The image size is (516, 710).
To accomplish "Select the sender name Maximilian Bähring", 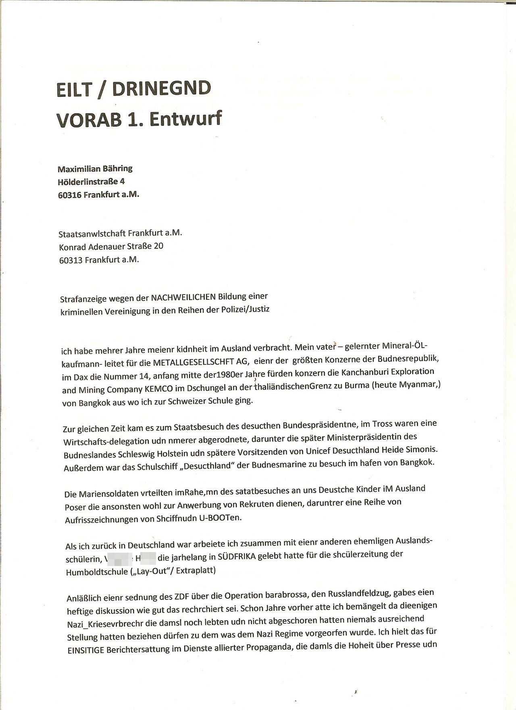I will click(x=95, y=169).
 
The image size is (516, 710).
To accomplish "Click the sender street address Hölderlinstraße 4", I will click(x=91, y=182).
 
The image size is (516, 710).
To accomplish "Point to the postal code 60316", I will click(x=70, y=195).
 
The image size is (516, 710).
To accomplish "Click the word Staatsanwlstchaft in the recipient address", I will click(x=92, y=234).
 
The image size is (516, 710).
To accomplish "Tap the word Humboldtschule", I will click(x=95, y=572).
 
